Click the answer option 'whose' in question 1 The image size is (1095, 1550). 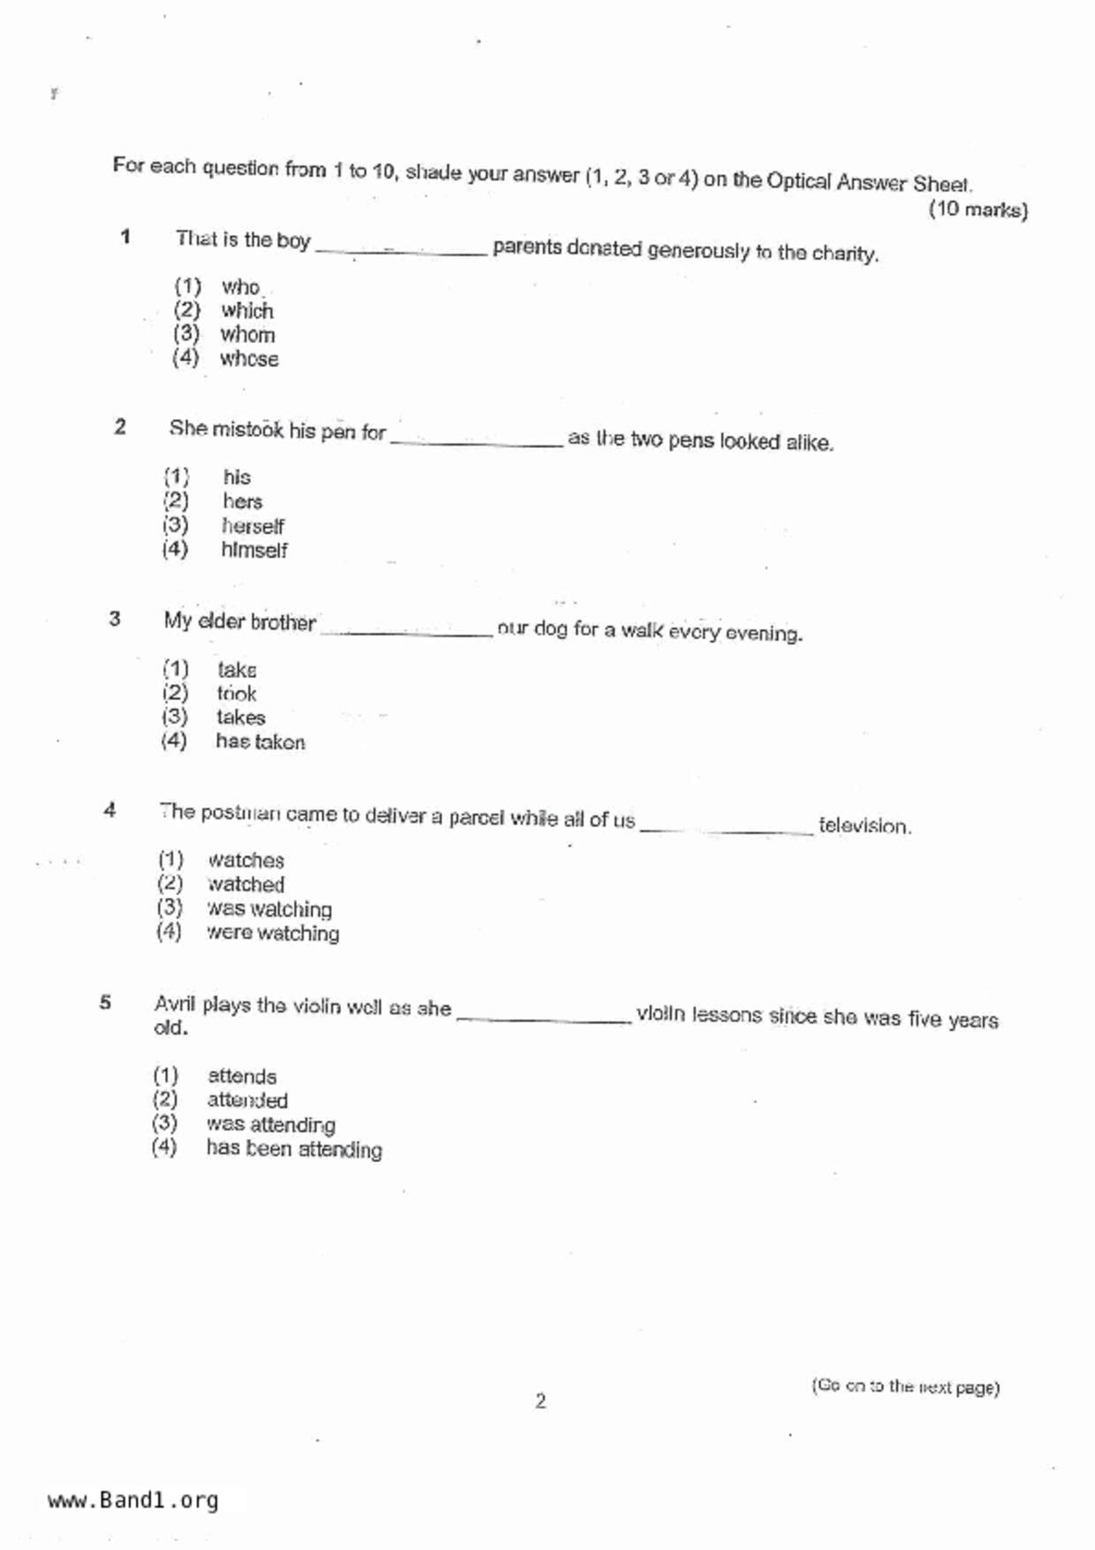248,359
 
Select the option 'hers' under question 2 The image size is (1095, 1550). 242,502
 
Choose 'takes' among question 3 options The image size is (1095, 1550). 240,718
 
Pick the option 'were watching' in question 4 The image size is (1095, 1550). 272,933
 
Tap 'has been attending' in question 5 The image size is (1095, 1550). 293,1149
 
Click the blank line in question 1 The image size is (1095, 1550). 401,251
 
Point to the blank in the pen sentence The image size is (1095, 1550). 476,443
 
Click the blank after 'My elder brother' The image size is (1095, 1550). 407,631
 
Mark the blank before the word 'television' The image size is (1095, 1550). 726,828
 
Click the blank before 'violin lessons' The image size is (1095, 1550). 544,1018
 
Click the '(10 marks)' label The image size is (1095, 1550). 977,210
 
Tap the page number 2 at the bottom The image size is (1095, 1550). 541,1401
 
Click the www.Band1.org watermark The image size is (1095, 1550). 133,1501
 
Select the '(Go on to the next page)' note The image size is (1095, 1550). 905,1387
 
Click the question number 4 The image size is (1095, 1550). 110,809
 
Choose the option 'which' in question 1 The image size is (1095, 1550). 247,311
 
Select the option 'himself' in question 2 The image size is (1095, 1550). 254,551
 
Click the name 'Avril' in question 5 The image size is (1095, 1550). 174,1005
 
